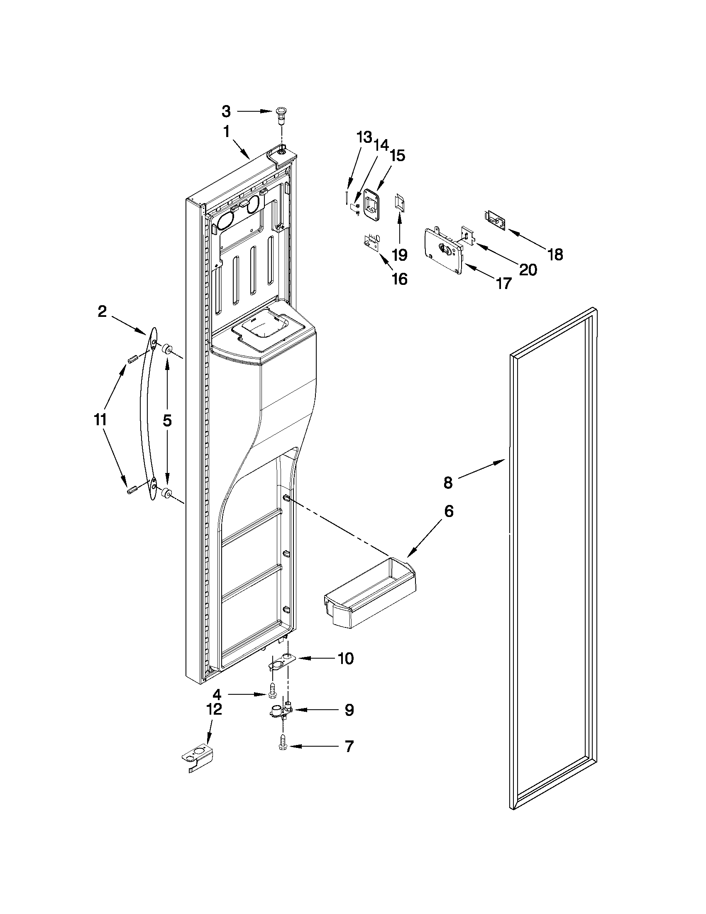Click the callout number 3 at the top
(x=226, y=111)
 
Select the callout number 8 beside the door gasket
(x=448, y=483)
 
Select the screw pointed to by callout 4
(x=272, y=695)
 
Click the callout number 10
(x=345, y=658)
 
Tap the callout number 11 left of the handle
(x=100, y=419)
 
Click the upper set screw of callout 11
(x=132, y=360)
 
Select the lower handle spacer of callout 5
(x=168, y=494)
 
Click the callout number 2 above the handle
(x=102, y=311)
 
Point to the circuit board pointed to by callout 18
(x=496, y=220)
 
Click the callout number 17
(x=503, y=283)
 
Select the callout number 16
(x=400, y=278)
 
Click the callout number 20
(x=528, y=270)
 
